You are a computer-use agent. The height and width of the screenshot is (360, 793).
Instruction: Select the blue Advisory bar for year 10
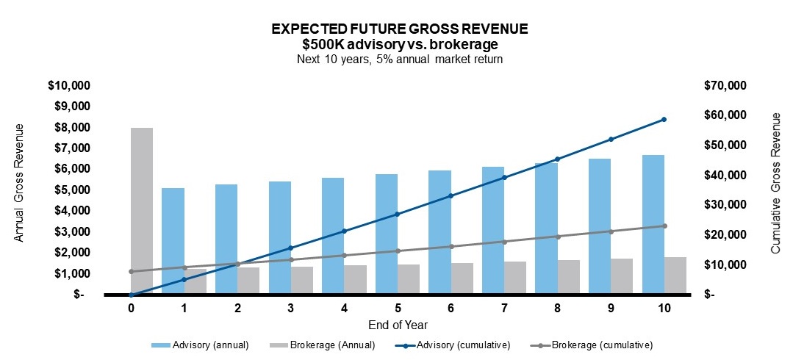tap(653, 224)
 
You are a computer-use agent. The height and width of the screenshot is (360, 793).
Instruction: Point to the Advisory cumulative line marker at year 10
tap(664, 119)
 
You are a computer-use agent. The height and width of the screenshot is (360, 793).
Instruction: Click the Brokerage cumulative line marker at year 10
tap(664, 226)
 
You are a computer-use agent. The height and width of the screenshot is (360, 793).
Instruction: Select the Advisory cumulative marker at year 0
tap(131, 295)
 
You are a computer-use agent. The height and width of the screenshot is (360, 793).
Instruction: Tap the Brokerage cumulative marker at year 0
tap(131, 271)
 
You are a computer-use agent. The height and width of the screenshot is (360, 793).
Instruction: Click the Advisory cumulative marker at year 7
tap(504, 177)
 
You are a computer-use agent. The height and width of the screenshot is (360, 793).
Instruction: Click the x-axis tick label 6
tap(451, 309)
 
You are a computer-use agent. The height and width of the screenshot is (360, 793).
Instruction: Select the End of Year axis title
tap(398, 324)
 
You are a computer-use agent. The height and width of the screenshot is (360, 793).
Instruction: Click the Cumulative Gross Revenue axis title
tap(775, 184)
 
